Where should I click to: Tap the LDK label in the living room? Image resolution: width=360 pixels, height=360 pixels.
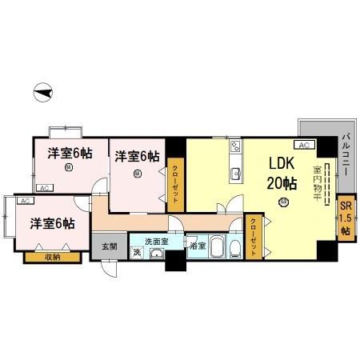tap(281, 163)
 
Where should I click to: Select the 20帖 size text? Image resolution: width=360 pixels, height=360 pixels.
tap(282, 183)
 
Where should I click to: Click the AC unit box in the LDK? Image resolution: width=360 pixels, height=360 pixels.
tap(304, 145)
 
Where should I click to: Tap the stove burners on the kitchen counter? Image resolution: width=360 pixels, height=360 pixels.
tap(235, 146)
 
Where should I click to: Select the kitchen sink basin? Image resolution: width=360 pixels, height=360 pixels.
tap(235, 174)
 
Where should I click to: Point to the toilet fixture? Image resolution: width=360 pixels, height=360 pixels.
tap(234, 250)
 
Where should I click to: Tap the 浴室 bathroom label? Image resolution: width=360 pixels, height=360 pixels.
tap(197, 246)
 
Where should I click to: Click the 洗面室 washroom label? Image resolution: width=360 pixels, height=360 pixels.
tap(156, 241)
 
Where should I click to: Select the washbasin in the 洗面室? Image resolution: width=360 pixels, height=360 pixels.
tap(155, 255)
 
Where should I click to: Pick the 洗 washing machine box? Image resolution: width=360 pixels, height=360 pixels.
tap(137, 254)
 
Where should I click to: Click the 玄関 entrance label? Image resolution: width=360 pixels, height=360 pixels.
tap(109, 246)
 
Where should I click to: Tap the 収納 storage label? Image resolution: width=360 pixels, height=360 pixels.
tap(52, 257)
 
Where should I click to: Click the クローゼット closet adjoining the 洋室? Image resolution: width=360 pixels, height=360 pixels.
tap(175, 185)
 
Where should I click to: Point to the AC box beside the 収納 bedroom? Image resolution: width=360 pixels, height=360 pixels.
tap(24, 201)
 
